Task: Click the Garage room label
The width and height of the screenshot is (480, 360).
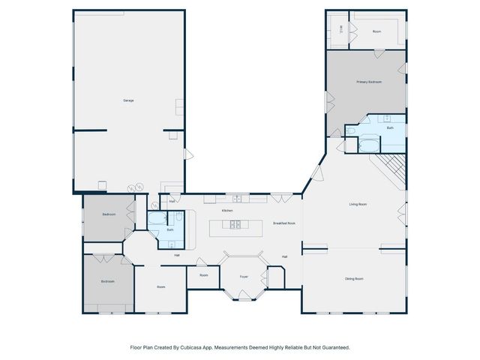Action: pos(128,100)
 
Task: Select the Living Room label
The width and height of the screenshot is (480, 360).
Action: pos(357,204)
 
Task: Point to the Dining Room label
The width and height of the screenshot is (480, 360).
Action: pos(354,279)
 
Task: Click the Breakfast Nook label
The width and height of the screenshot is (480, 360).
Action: pos(284,223)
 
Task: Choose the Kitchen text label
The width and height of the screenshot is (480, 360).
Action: pos(227,211)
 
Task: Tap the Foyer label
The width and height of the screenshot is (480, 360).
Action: pos(244,277)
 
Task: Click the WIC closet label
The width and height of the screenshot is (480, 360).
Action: pos(340,30)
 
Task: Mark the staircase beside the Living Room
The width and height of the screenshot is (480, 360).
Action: pos(392,169)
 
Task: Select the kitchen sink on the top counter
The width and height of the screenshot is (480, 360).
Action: pos(237,199)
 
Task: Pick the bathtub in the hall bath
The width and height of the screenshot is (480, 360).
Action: pos(157,220)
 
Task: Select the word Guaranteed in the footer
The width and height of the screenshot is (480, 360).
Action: pos(334,347)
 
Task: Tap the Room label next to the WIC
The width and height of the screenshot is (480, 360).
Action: pos(376,31)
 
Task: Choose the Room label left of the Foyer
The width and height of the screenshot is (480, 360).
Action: pos(203,275)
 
